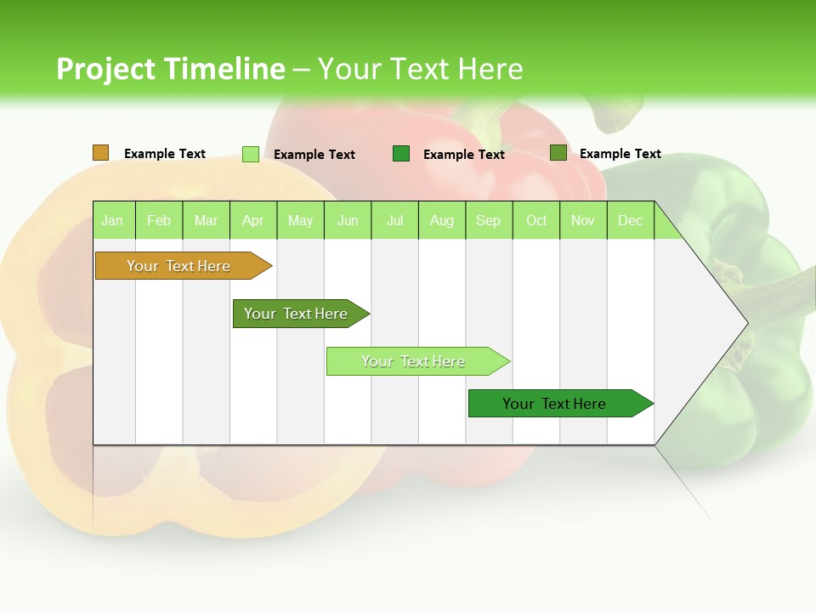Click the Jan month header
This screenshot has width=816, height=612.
(112, 221)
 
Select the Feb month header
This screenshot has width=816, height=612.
(159, 221)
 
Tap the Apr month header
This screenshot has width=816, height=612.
(252, 221)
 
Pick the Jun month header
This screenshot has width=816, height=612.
(348, 221)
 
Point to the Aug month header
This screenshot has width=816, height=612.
(441, 221)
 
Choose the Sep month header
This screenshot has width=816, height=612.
(488, 221)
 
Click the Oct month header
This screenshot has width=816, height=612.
(536, 221)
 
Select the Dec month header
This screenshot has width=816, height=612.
(630, 221)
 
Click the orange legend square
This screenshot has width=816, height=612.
(100, 153)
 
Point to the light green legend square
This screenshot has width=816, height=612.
(251, 154)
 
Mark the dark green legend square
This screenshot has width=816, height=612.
(401, 154)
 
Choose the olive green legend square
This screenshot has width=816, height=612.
(558, 153)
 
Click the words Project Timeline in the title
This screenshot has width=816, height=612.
(170, 69)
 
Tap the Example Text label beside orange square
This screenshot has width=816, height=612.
(165, 154)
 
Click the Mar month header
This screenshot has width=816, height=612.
(206, 221)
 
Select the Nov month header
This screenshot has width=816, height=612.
(583, 221)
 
